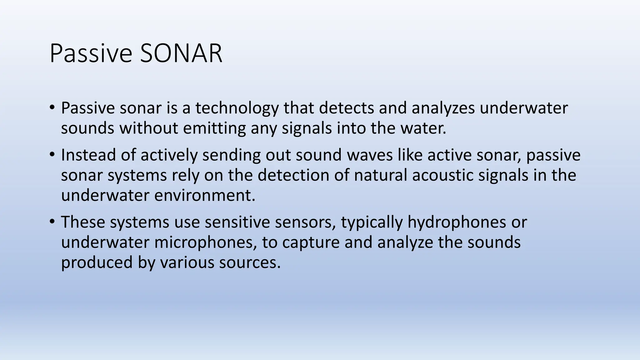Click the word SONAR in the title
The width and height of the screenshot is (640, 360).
tap(181, 53)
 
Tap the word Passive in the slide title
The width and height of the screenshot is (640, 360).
tap(91, 53)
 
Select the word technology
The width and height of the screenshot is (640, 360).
tap(237, 108)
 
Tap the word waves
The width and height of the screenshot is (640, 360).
tap(370, 155)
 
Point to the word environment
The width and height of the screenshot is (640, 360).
tap(205, 196)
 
